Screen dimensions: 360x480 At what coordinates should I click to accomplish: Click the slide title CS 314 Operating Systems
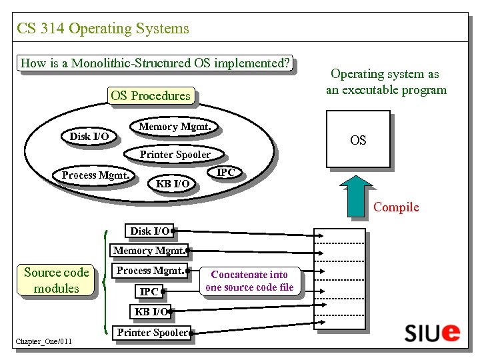(103, 29)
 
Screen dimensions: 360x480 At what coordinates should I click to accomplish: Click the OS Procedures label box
(151, 95)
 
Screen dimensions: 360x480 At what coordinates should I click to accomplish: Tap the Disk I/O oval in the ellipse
(89, 137)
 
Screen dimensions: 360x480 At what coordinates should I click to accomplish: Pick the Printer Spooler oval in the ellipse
(175, 155)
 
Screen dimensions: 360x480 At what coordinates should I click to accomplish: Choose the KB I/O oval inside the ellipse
(173, 183)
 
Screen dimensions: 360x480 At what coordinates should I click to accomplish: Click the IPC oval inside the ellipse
(226, 173)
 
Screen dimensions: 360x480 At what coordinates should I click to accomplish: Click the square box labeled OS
(358, 141)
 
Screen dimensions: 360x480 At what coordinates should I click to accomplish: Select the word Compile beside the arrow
(396, 207)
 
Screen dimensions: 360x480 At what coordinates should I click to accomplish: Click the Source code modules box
(56, 280)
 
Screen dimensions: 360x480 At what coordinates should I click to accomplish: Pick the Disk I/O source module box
(150, 231)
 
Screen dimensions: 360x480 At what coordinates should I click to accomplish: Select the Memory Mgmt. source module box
(149, 251)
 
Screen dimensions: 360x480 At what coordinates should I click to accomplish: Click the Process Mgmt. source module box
(151, 271)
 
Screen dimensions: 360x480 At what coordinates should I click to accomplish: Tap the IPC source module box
(149, 291)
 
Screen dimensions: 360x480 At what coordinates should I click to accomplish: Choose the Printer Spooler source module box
(153, 333)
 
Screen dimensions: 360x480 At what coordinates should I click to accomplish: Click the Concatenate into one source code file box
(249, 281)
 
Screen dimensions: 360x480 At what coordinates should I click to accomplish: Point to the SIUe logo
(432, 332)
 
